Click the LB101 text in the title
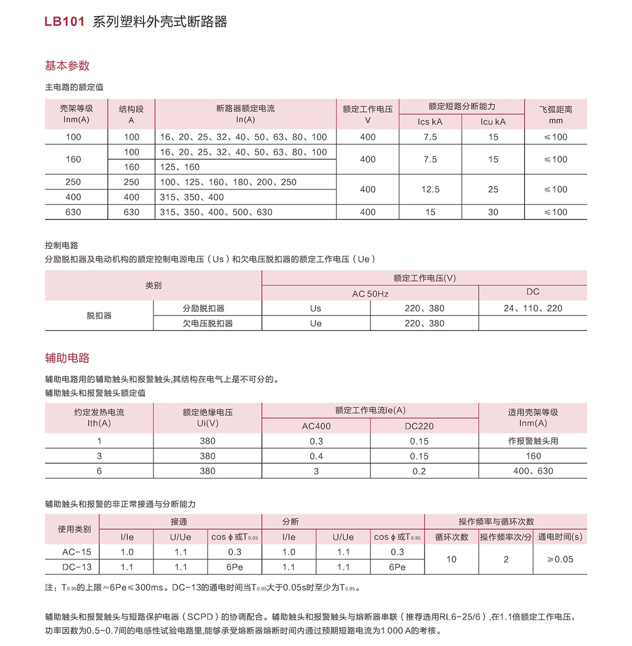(65, 22)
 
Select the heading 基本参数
(67, 66)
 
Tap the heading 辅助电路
(67, 358)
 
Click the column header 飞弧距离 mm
(556, 115)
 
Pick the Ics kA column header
(430, 122)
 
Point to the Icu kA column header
(493, 122)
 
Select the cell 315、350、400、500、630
(216, 212)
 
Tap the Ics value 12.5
(430, 190)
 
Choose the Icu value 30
(493, 212)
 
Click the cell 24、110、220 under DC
(533, 308)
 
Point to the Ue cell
(316, 324)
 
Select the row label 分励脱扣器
(204, 309)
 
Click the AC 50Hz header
(370, 294)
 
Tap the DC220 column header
(419, 426)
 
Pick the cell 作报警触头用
(533, 441)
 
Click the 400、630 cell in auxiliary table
(533, 471)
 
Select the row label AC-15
(76, 552)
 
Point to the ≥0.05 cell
(560, 559)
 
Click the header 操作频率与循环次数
(496, 522)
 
